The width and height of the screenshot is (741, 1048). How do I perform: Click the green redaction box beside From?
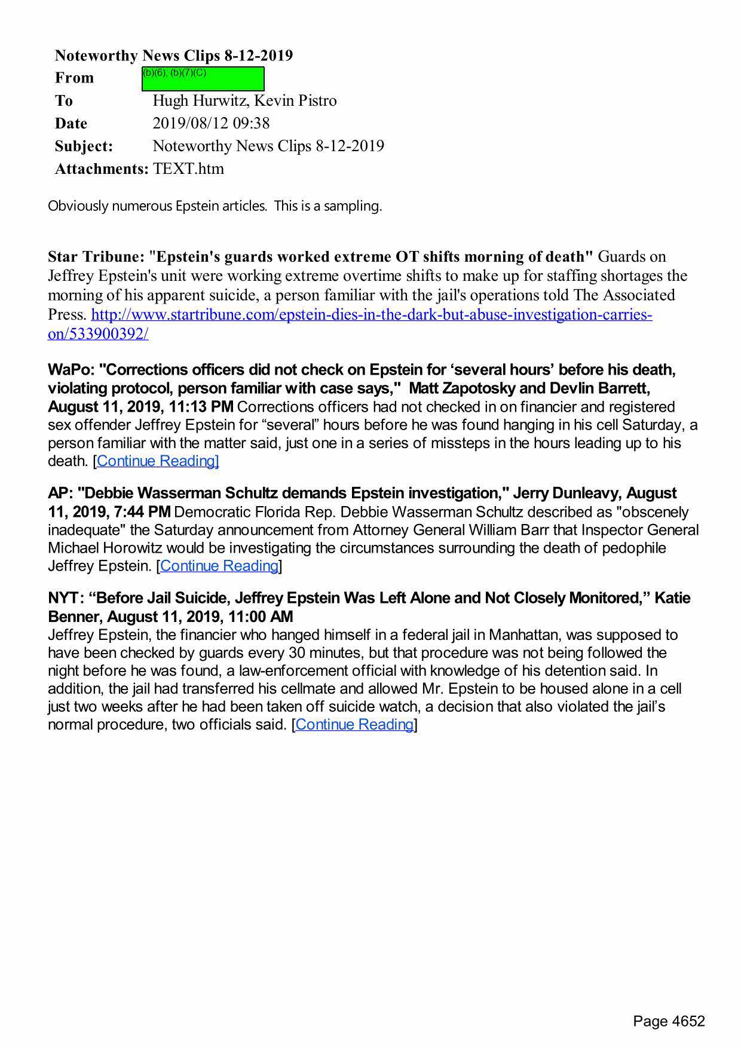pyautogui.click(x=203, y=79)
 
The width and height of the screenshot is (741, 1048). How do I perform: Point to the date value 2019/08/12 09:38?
pyautogui.click(x=211, y=123)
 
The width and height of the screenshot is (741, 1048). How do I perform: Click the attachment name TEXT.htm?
pyautogui.click(x=188, y=168)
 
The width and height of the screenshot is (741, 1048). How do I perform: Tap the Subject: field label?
pyautogui.click(x=84, y=146)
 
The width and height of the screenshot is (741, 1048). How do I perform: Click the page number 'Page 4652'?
pyautogui.click(x=669, y=1021)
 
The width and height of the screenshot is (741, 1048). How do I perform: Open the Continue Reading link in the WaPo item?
pyautogui.click(x=157, y=461)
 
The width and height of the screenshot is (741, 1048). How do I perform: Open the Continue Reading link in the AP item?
pyautogui.click(x=219, y=565)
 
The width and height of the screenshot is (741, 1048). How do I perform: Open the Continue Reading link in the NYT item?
pyautogui.click(x=354, y=724)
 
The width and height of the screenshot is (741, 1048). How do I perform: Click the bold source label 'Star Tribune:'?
pyautogui.click(x=96, y=257)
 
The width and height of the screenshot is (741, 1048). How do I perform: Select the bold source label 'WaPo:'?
pyautogui.click(x=71, y=370)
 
